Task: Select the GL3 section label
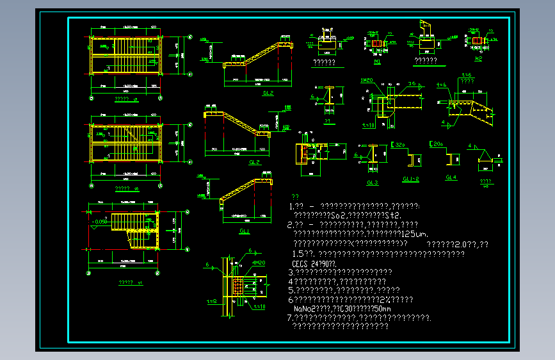coord(373,183)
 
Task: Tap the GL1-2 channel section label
coord(410,178)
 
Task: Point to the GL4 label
coord(451,177)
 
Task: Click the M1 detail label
coord(376,61)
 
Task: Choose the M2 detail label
coord(478,59)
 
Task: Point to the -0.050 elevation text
coord(99,222)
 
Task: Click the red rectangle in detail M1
coord(376,44)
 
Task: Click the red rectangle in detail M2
coord(476,40)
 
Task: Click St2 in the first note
coord(392,215)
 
